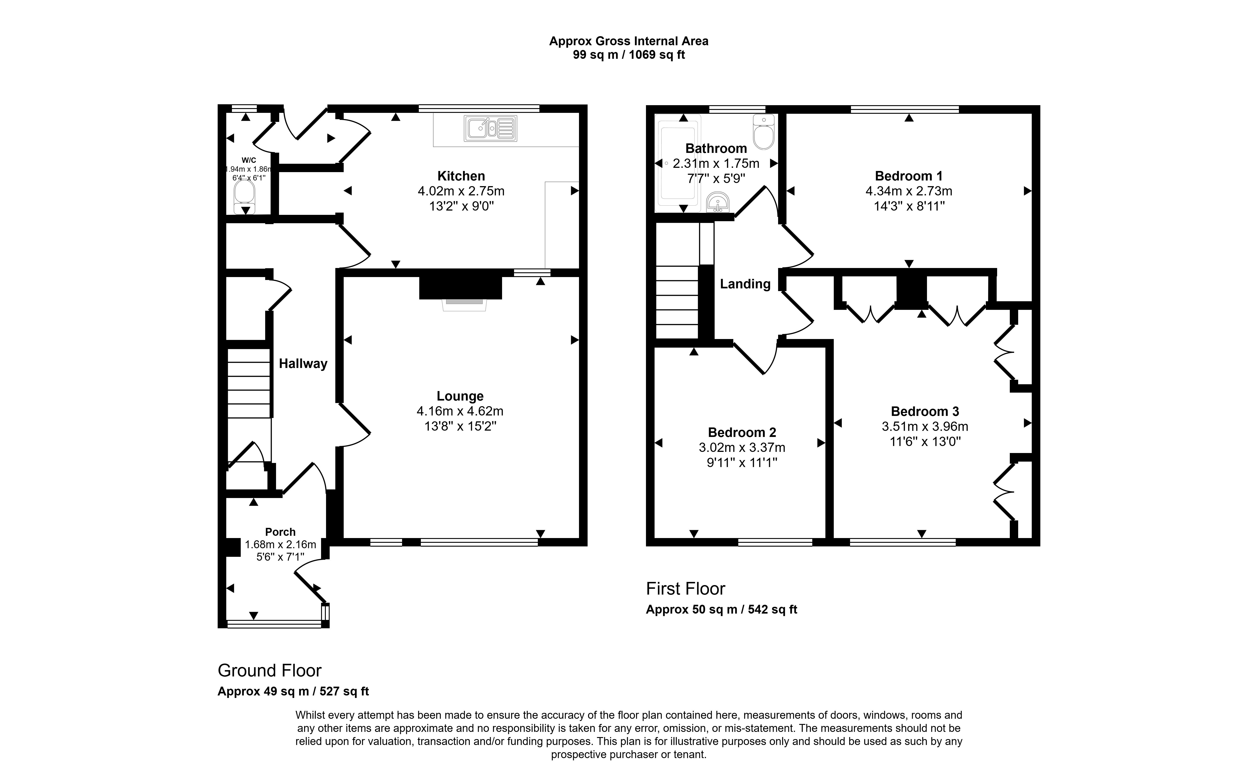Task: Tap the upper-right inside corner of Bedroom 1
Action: [x=1032, y=113]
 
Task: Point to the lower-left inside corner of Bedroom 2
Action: [x=655, y=538]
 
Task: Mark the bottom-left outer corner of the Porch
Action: [x=218, y=628]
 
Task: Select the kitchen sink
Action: [x=491, y=128]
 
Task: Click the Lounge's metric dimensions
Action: [x=460, y=411]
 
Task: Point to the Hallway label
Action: [x=303, y=364]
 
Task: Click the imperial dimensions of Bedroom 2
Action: [x=742, y=463]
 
